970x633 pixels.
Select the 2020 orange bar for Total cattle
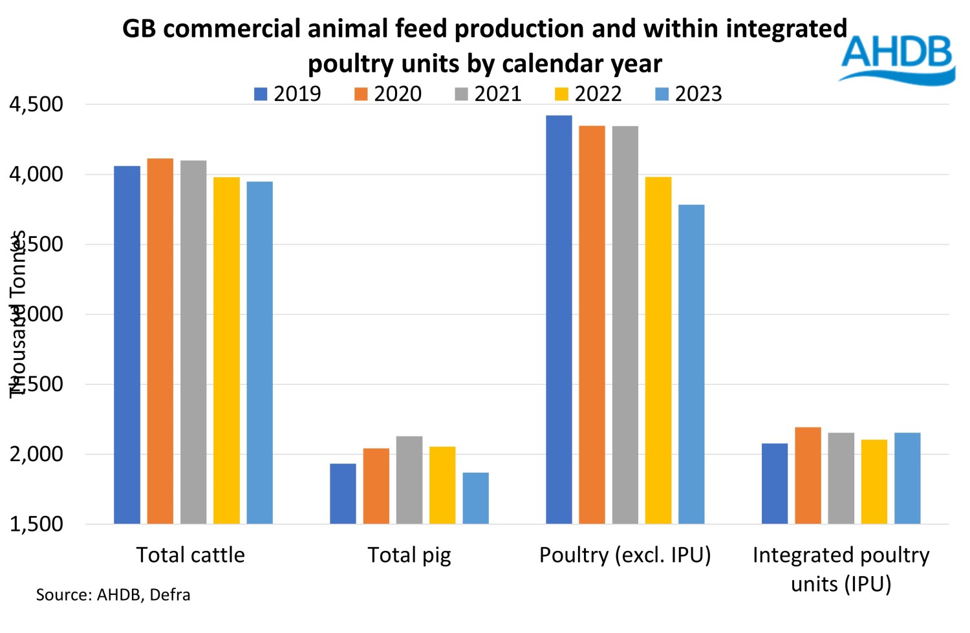pos(160,341)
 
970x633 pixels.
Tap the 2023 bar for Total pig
pos(475,498)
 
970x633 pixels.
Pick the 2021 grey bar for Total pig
pos(409,480)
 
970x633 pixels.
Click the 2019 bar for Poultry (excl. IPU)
pos(559,319)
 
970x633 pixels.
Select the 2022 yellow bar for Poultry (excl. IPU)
pos(658,350)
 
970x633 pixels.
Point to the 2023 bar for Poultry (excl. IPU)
pos(691,364)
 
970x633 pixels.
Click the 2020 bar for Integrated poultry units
pos(808,475)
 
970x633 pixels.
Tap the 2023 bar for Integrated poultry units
pos(907,478)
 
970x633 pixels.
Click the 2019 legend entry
pos(288,94)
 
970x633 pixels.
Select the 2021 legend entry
pos(488,94)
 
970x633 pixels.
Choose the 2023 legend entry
pos(689,94)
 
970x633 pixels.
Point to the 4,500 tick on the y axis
pos(36,105)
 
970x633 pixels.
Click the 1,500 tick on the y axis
pos(36,524)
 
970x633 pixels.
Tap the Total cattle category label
pos(190,555)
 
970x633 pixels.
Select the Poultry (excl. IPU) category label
pos(625,555)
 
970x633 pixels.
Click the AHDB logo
pos(898,58)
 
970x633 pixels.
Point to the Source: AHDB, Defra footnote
pos(113,595)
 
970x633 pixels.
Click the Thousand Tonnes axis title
pos(18,314)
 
